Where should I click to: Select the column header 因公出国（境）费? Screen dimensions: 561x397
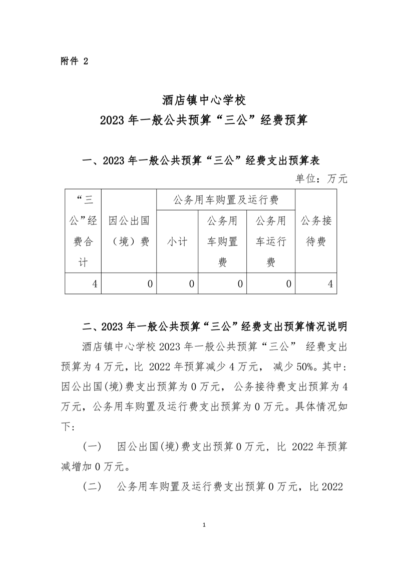pos(129,231)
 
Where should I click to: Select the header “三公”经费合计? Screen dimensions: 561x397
pos(84,231)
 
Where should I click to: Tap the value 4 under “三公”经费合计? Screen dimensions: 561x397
pos(94,284)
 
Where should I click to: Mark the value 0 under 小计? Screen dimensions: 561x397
pos(191,284)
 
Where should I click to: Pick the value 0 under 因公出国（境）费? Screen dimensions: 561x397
pos(150,284)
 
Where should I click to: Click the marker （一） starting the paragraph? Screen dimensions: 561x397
pos(92,446)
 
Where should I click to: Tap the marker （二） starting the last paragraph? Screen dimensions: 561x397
pos(92,486)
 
